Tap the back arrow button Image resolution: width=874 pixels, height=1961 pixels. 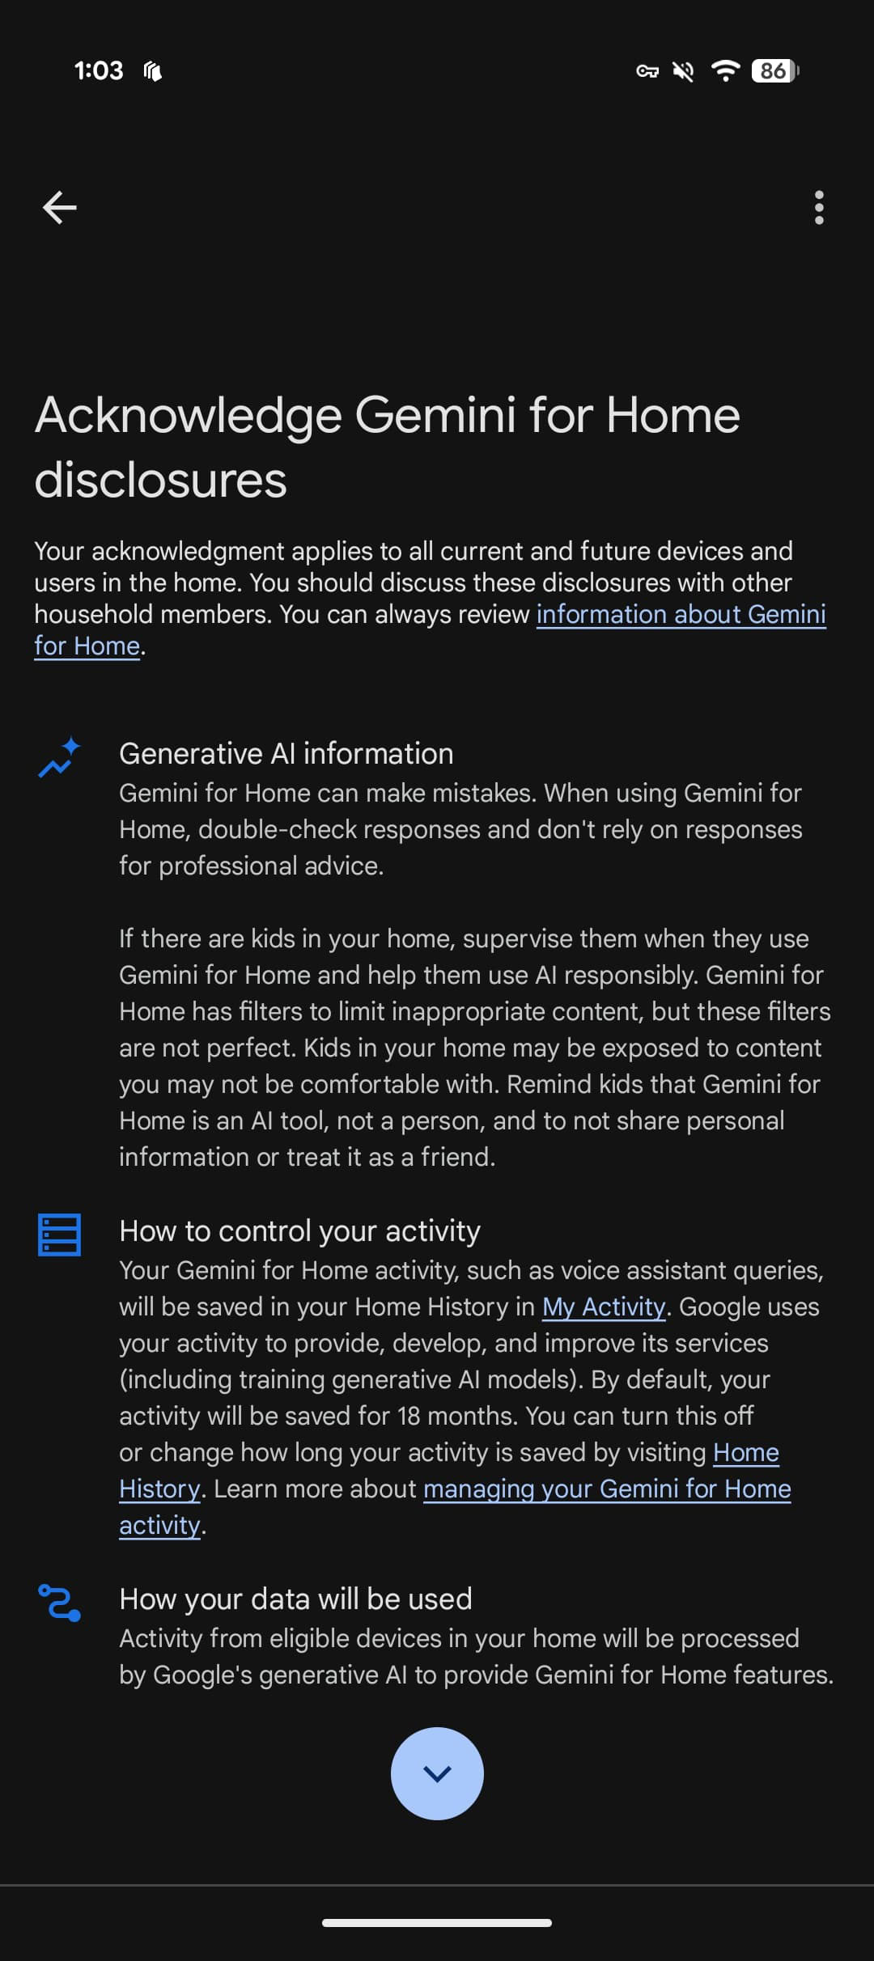(59, 208)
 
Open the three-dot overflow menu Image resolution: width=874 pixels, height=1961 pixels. (819, 208)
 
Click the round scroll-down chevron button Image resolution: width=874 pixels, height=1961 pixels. (437, 1773)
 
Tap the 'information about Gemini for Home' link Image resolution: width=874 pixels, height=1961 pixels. (680, 615)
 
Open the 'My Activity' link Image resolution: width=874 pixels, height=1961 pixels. (603, 1307)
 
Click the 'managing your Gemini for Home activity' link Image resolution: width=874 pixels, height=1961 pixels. (606, 1489)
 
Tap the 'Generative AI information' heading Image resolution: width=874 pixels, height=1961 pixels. (286, 753)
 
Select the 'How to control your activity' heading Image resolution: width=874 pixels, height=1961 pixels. (299, 1230)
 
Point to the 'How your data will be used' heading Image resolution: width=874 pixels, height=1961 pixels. (295, 1599)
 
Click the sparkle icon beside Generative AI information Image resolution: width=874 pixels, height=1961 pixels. (59, 757)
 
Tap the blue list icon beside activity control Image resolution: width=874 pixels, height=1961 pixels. (59, 1235)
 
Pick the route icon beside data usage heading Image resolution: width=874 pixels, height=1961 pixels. (59, 1603)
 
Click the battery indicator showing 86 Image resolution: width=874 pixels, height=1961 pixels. (774, 71)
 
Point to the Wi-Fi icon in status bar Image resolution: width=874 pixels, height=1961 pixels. (725, 71)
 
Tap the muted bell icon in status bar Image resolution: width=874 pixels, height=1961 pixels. (683, 72)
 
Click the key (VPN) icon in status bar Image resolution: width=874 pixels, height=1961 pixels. (647, 72)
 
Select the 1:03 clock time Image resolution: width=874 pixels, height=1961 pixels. (99, 71)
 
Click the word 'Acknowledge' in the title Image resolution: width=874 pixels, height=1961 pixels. (188, 416)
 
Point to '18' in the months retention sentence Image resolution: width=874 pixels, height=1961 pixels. (409, 1416)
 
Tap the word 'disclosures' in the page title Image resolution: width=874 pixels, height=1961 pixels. (160, 481)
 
